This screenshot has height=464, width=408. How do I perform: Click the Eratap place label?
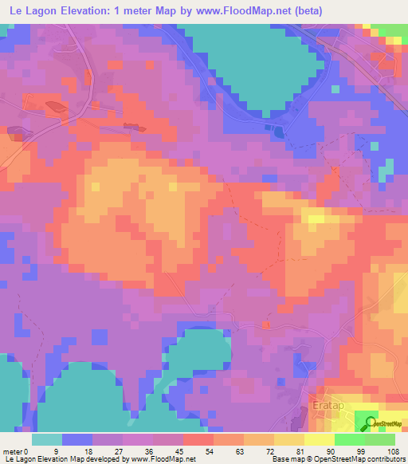coord(324,405)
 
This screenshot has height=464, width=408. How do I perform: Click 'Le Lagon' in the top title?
coord(29,9)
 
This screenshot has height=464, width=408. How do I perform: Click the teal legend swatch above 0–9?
coord(46,439)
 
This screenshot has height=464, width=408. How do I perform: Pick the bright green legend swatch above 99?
coord(349,439)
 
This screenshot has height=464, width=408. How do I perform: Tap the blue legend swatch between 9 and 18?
coord(76,439)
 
